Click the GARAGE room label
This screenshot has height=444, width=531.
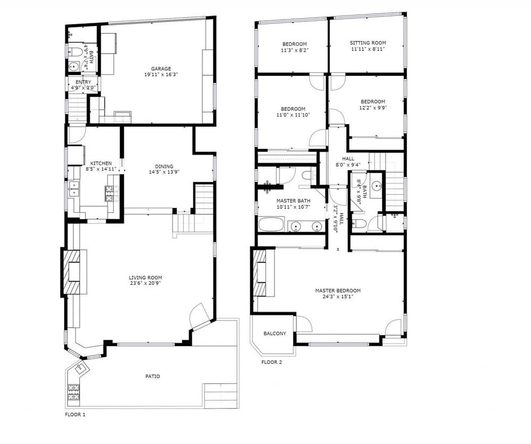[x=161, y=69]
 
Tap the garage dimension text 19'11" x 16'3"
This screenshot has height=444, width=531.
[x=161, y=74]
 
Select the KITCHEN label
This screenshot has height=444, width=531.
[x=101, y=163]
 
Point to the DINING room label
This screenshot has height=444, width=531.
[x=164, y=166]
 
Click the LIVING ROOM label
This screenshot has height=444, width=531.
[x=145, y=277]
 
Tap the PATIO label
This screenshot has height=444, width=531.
[x=153, y=376]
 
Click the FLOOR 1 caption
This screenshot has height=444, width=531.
[x=75, y=414]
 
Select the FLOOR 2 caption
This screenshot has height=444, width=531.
[x=271, y=362]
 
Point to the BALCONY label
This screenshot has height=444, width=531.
[x=275, y=333]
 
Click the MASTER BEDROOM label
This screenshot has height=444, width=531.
[x=338, y=290]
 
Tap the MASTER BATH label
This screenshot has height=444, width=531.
[x=293, y=201]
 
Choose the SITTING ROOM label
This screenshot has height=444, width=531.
[x=368, y=43]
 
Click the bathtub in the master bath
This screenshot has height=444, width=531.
[x=271, y=225]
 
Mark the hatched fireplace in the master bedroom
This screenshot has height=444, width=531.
[x=260, y=273]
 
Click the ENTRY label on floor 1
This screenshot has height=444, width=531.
[x=83, y=82]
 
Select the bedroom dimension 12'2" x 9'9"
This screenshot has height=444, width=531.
[x=373, y=108]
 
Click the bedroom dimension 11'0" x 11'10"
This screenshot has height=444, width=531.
[x=293, y=115]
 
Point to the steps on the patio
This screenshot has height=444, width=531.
[x=221, y=396]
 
